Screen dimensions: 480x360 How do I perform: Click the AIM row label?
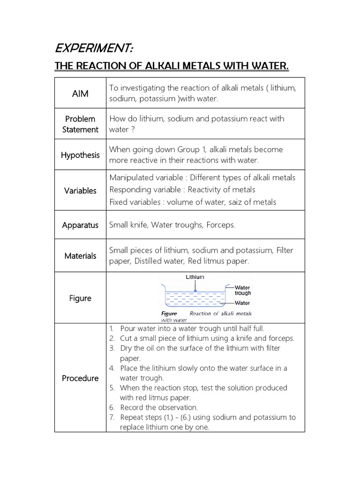pos(80,94)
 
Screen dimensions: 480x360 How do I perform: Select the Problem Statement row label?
pos(80,124)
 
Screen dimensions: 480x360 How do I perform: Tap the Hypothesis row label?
pos(80,155)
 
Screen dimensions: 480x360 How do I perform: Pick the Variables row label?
pos(80,191)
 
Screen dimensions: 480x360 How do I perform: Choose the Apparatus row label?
pos(80,225)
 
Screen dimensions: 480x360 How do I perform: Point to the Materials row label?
pos(80,256)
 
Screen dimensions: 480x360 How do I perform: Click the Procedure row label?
pos(80,378)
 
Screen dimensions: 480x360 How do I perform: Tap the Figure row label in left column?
pos(80,298)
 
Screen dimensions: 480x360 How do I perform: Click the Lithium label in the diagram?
pos(195,277)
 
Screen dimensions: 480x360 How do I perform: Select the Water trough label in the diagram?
pos(242,290)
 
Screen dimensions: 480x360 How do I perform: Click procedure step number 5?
pos(112,388)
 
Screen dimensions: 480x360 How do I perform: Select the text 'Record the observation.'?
pos(159,407)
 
